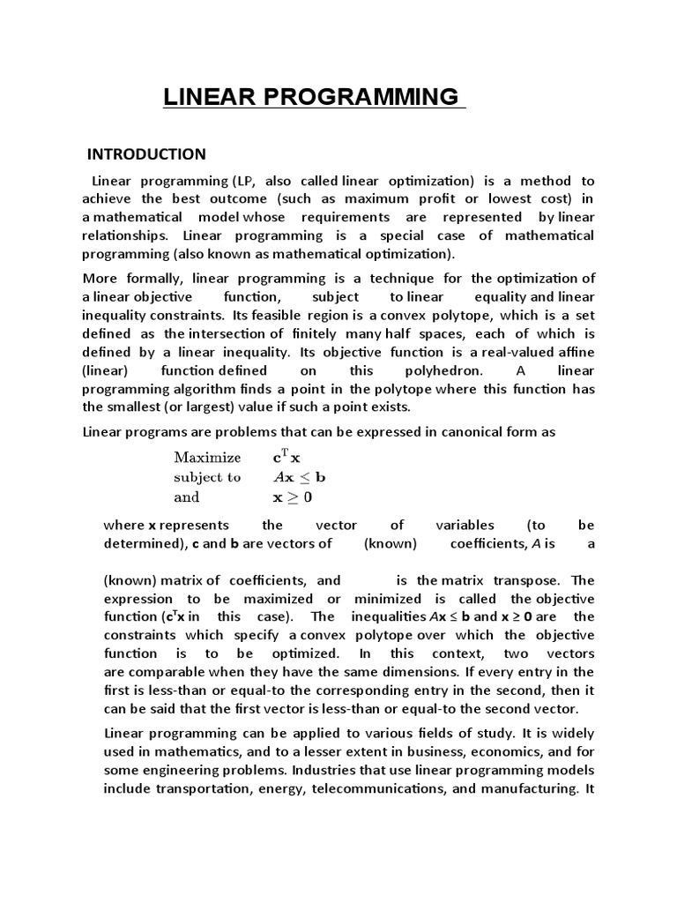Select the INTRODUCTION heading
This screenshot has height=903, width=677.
tap(146, 153)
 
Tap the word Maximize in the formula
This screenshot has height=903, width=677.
tap(207, 457)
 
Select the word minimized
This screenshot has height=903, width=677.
tap(386, 599)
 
